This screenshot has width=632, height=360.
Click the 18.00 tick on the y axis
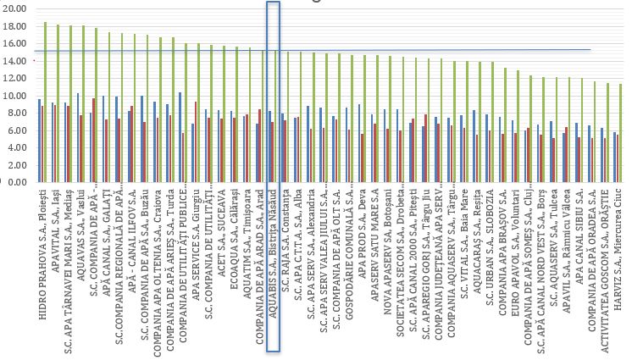coord(15,27)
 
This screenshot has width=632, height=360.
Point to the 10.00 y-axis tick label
coord(15,96)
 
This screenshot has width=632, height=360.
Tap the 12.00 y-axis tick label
coord(15,79)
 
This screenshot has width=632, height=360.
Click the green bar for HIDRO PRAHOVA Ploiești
coord(45,102)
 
